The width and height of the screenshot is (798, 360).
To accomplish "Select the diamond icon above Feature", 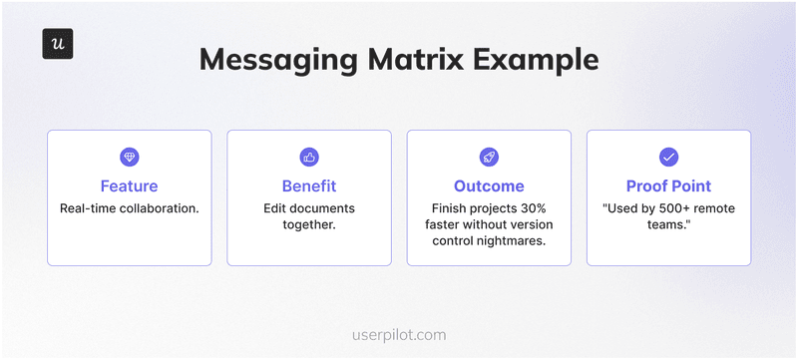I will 129,157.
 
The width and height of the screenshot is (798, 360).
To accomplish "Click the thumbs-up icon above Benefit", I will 309,157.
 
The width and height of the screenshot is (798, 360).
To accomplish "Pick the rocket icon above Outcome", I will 489,157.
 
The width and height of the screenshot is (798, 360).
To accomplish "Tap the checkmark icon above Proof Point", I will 668,157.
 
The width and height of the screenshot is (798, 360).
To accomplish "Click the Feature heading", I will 129,186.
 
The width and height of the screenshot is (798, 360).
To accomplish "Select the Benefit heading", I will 309,186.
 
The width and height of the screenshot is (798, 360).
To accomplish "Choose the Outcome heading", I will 489,186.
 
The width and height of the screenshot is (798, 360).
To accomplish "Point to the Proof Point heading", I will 668,186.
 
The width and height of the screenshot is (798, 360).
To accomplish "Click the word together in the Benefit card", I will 308,225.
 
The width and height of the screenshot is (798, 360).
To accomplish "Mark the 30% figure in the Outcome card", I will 531,208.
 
